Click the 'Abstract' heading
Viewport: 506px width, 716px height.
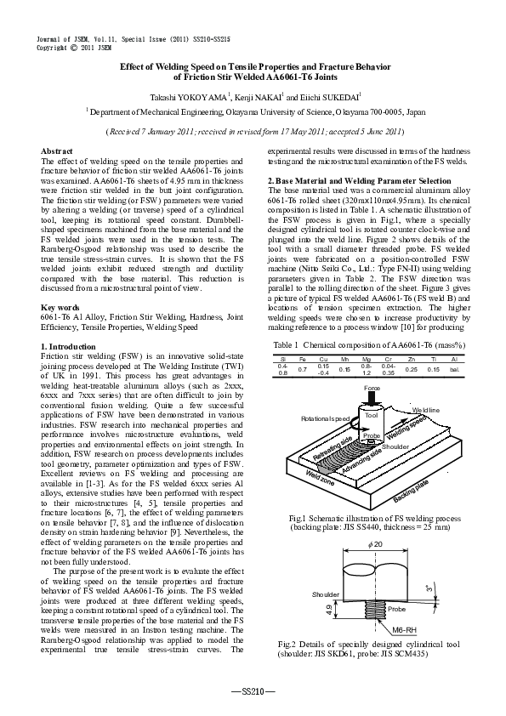tap(57, 151)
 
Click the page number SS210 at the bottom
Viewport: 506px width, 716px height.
tap(253, 691)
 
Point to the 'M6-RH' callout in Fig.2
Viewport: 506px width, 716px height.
tap(405, 628)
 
